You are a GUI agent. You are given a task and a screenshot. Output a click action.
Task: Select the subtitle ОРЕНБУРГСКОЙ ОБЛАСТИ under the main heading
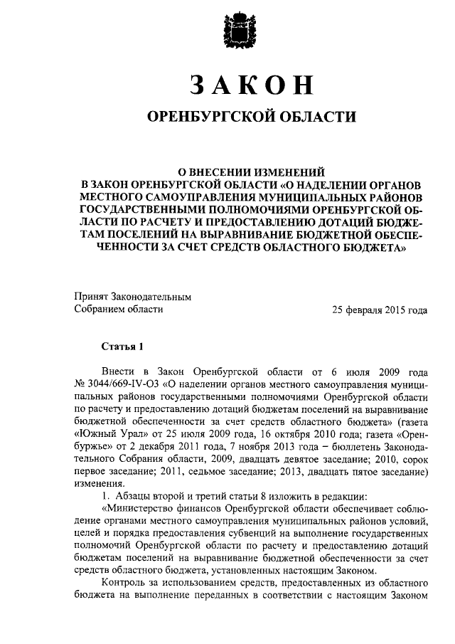pos(250,116)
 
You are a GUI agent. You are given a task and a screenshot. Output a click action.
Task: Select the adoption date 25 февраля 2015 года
pos(380,310)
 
